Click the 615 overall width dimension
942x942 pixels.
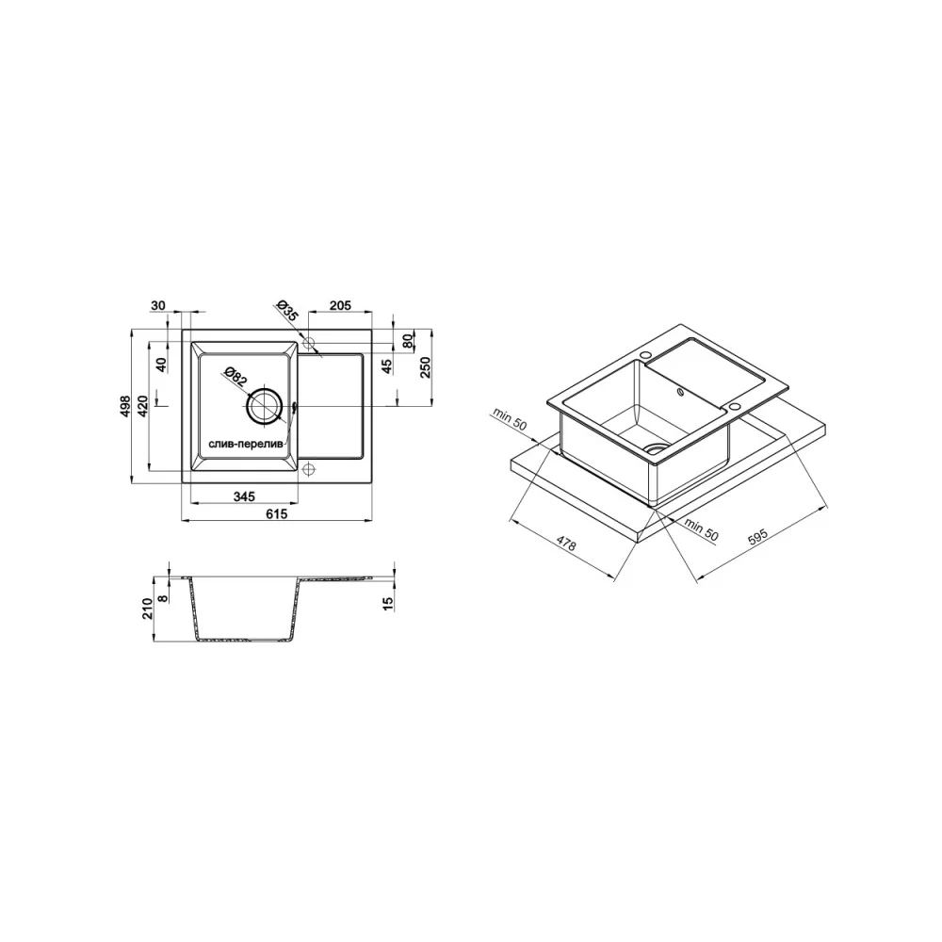tap(277, 513)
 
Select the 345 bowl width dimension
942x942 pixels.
tap(244, 496)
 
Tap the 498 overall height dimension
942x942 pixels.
tap(125, 406)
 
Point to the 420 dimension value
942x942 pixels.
tap(142, 407)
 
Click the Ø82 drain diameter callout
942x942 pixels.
tap(235, 376)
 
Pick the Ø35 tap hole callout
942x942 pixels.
tap(288, 310)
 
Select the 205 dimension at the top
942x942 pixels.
tap(340, 305)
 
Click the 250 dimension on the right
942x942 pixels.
tap(425, 367)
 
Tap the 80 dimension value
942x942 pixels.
tap(408, 341)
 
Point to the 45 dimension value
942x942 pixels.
tap(387, 365)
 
